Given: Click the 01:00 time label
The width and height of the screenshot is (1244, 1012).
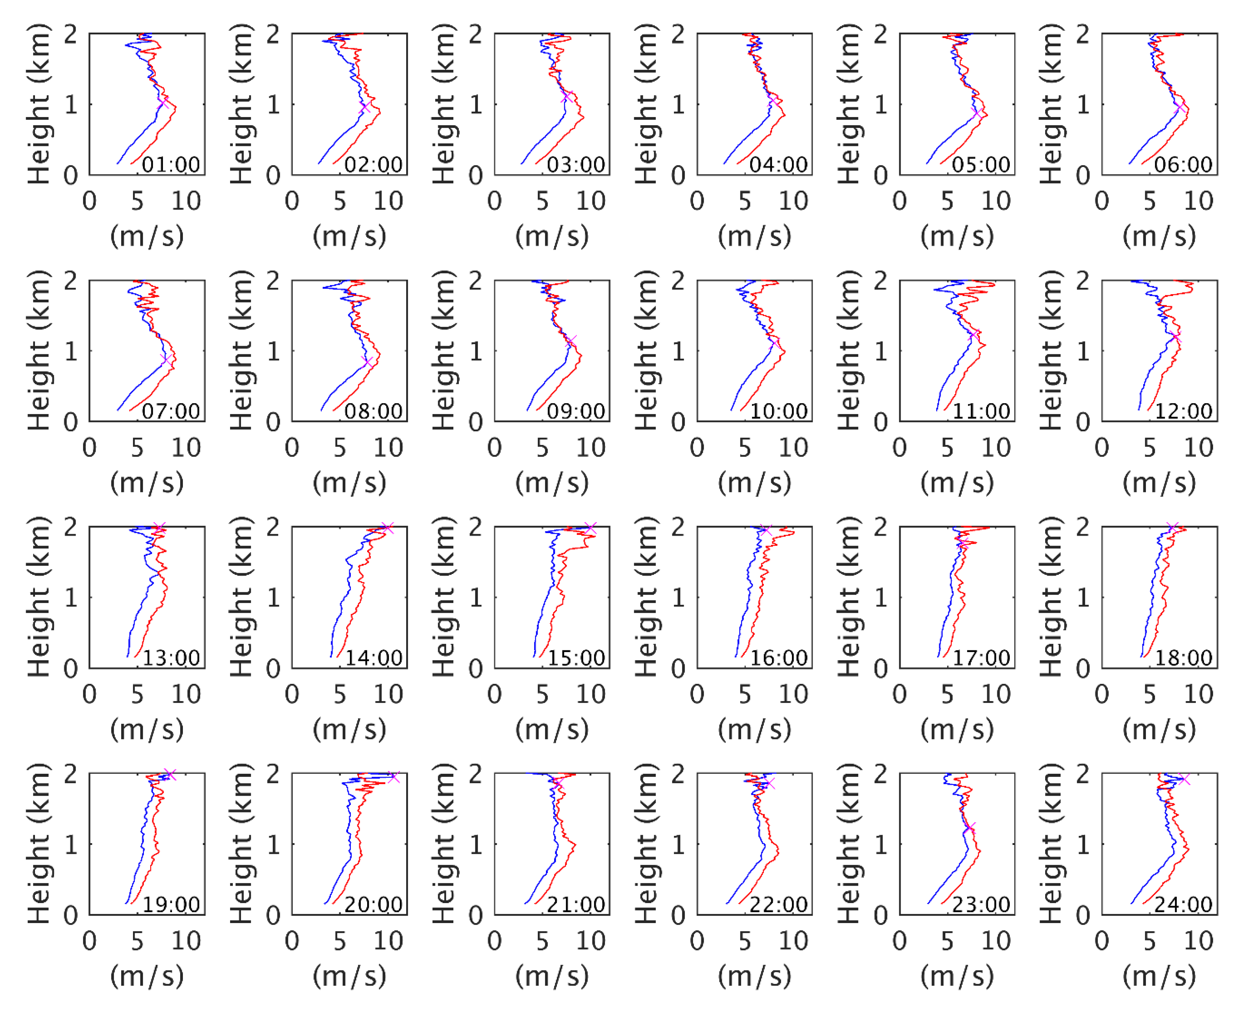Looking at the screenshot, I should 170,165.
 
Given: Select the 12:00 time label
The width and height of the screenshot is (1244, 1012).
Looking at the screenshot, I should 1183,412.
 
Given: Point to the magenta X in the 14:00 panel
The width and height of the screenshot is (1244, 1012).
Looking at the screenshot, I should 387,528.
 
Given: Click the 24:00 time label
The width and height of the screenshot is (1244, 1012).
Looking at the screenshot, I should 1183,905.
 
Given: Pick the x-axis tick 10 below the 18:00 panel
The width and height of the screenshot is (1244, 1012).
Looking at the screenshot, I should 1198,694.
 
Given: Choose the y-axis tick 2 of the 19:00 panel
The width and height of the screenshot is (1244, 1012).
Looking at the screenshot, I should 71,774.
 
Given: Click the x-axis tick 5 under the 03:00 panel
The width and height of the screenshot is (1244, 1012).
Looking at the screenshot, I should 542,202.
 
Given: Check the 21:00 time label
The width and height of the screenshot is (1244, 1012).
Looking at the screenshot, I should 576,905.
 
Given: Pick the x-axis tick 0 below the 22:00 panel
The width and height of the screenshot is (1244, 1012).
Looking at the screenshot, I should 697,941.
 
